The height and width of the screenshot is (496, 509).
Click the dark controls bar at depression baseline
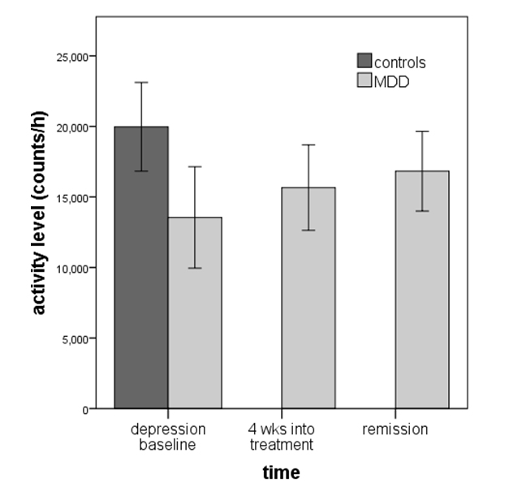click(x=141, y=268)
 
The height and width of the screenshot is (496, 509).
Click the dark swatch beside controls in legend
click(x=364, y=62)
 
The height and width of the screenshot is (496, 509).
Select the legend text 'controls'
click(x=399, y=62)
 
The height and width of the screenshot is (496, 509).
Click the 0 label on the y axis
click(x=84, y=409)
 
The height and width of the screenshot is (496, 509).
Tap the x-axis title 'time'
click(x=281, y=472)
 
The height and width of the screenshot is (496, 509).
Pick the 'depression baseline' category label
click(x=168, y=436)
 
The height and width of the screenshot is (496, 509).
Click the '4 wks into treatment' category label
click(x=280, y=436)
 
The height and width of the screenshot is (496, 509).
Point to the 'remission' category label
click(x=395, y=429)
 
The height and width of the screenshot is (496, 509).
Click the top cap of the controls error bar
click(x=141, y=82)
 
